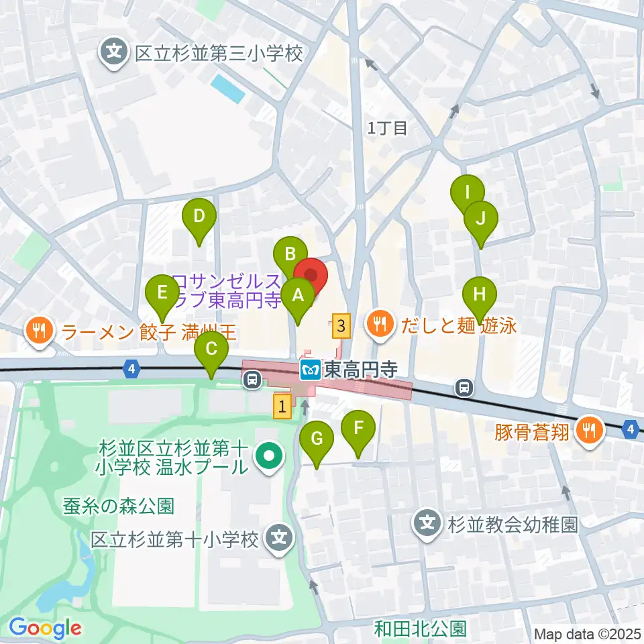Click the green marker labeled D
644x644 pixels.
click(199, 217)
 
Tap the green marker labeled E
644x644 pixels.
click(162, 293)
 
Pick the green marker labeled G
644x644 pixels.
click(317, 439)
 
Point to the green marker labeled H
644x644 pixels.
click(479, 294)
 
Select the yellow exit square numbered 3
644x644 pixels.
click(342, 327)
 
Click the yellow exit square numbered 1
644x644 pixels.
click(282, 406)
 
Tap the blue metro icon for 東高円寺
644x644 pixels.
click(311, 370)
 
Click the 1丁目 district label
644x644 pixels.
click(388, 128)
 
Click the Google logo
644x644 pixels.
click(45, 628)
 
